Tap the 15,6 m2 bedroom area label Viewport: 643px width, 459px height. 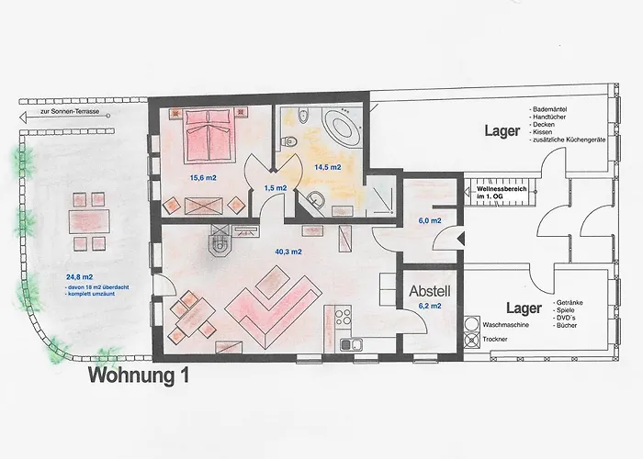203,177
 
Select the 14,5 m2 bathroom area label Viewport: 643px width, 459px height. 328,167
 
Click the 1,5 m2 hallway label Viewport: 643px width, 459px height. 275,187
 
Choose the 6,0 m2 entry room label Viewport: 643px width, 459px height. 430,221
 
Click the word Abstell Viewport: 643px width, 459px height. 429,289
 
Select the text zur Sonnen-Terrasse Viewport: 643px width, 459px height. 69,115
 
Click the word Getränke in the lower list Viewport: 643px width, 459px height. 569,303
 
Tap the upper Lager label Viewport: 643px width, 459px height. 503,131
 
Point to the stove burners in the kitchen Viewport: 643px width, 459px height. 344,319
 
